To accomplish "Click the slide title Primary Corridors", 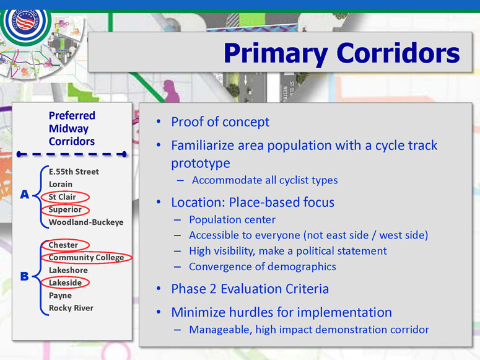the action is click(x=342, y=53).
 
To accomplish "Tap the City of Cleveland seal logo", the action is click(x=26, y=24).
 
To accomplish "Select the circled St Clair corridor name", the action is click(x=62, y=197).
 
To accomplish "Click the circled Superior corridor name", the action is click(x=65, y=209).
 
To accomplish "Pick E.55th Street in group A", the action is click(x=74, y=172).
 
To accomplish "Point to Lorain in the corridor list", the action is click(x=61, y=184).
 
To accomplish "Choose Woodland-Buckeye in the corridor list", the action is click(x=86, y=222).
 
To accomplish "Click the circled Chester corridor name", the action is click(x=63, y=245).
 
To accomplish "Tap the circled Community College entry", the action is click(x=86, y=258).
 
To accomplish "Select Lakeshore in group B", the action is click(x=68, y=270).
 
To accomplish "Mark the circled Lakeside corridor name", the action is click(x=65, y=283).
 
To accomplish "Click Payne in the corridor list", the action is click(x=60, y=296).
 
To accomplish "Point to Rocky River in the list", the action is click(x=71, y=308).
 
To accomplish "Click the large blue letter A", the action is click(x=25, y=194).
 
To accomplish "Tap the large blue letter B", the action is click(x=25, y=276).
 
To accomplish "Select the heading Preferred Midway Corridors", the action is click(x=72, y=128).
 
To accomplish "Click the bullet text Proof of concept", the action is click(x=220, y=122).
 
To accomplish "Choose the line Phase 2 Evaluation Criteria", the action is click(x=250, y=289).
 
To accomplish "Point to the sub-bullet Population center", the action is click(x=232, y=220).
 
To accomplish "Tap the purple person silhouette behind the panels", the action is click(x=171, y=91).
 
